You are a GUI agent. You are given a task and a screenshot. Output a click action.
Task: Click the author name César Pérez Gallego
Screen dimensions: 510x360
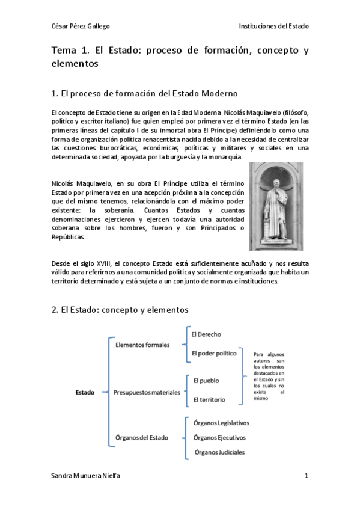81,26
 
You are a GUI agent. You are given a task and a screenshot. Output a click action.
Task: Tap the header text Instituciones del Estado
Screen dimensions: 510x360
273,26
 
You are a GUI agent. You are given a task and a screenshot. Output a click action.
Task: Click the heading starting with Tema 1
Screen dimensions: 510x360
180,57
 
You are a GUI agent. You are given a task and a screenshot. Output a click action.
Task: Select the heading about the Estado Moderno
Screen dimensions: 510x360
145,94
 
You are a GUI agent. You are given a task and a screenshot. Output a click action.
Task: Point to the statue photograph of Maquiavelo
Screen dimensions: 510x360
276,206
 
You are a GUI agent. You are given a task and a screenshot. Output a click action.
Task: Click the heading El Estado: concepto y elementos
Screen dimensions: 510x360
120,310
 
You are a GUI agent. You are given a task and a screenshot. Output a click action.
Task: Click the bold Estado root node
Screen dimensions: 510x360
85,393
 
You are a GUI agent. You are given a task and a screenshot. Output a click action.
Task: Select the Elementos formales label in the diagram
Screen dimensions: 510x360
142,345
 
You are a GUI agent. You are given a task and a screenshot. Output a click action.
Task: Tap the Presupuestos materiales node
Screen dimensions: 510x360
147,393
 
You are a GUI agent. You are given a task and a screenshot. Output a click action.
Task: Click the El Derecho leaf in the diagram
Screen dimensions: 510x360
205,334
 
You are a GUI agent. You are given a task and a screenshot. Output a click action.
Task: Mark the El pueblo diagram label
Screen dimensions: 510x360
206,381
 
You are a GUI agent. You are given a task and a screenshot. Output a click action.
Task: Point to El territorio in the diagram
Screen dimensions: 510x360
210,400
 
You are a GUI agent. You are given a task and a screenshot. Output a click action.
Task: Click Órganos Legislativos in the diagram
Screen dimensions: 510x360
221,423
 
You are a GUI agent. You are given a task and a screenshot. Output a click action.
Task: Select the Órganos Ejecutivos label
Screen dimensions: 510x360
219,438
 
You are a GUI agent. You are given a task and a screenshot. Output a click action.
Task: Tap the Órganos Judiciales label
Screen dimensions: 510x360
219,452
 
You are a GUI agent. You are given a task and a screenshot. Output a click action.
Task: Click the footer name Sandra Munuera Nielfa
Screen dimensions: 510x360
86,475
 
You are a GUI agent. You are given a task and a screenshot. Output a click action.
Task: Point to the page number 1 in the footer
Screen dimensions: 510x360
306,475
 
